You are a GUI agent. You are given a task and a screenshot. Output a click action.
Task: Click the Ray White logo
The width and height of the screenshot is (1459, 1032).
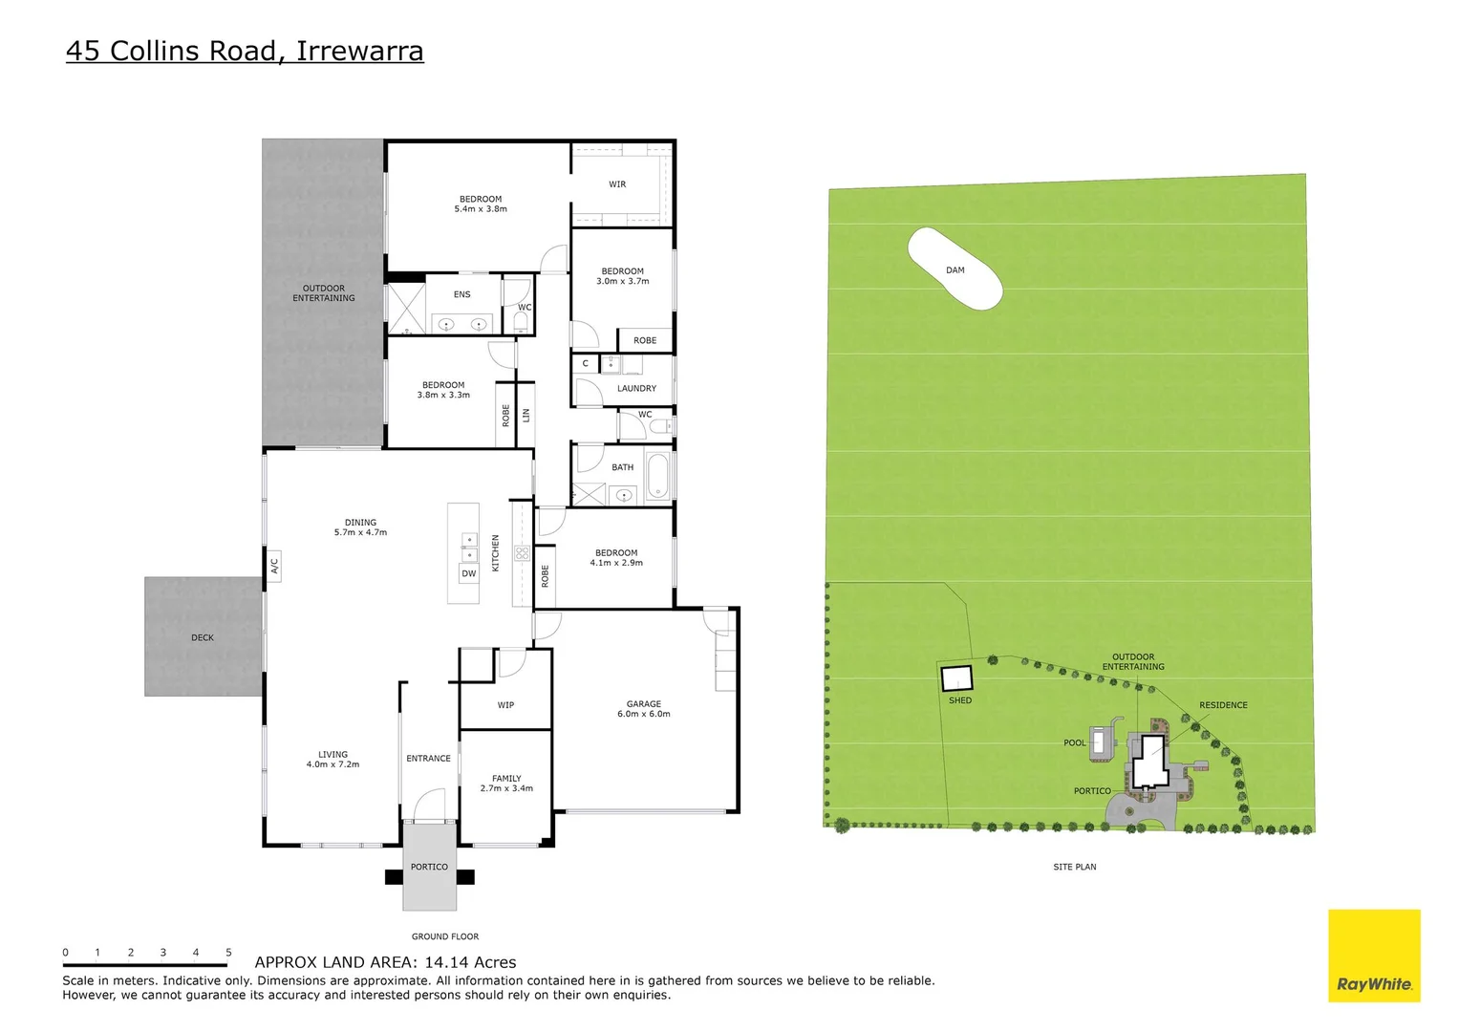coord(1373,957)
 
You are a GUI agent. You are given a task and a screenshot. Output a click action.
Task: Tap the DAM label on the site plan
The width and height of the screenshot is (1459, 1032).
coord(955,270)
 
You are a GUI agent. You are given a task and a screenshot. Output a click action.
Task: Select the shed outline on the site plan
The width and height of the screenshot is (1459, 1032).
coord(956,678)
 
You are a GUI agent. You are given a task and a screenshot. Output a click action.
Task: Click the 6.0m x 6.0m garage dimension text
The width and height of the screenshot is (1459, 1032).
coord(643,715)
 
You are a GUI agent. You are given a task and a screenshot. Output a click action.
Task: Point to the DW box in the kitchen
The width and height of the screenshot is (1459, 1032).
coord(468,574)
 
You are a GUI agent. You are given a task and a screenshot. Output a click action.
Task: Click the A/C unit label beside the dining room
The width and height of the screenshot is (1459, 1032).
coord(273,567)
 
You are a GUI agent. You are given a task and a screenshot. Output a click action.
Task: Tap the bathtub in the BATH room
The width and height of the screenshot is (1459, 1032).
coord(657,477)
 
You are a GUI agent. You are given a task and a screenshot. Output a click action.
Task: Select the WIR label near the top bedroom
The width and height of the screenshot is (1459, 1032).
coord(617,184)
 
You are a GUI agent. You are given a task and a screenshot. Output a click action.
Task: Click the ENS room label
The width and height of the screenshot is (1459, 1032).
coord(461,295)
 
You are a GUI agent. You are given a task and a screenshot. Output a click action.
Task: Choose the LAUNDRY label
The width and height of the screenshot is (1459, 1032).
coord(636,389)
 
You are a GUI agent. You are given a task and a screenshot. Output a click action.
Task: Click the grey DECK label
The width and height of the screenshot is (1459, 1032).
coord(203,638)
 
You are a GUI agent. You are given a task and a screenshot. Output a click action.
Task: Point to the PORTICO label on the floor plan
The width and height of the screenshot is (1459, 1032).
coord(429,868)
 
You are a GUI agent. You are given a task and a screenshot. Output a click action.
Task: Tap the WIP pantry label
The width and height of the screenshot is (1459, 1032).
coord(505,706)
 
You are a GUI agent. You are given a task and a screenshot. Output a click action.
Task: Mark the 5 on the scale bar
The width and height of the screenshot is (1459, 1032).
coord(228,953)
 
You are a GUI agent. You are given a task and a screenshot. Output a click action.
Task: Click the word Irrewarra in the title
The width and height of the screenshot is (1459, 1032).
coord(359,51)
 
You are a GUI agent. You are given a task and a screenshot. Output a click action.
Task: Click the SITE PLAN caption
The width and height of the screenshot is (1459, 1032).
coord(1074,868)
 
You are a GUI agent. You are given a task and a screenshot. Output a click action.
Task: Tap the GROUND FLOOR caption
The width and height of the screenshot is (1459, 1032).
coord(445,937)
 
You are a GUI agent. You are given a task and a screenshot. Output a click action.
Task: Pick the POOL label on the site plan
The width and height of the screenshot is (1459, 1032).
coord(1074,743)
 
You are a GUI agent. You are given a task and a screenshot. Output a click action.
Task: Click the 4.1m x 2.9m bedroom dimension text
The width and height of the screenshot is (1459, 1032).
coord(616,564)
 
